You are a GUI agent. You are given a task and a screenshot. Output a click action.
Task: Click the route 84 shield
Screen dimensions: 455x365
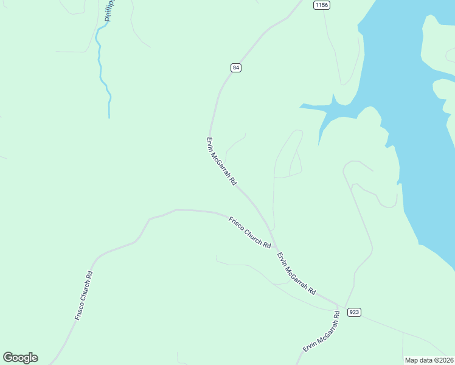click(236, 68)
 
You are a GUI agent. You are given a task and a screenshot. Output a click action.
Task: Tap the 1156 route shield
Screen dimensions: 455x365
click(322, 5)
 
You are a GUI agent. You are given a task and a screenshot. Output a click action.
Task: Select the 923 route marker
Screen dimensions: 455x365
click(355, 312)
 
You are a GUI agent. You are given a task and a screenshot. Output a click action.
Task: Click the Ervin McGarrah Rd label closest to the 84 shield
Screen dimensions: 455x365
click(221, 161)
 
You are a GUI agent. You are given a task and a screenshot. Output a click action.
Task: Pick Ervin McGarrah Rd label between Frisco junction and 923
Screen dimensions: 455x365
click(297, 273)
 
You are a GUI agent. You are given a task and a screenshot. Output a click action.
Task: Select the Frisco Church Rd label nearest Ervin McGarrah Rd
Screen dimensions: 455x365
click(249, 232)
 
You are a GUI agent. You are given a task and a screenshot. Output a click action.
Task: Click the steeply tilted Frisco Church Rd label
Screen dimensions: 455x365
click(83, 296)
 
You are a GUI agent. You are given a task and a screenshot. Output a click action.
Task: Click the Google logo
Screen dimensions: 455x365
click(20, 358)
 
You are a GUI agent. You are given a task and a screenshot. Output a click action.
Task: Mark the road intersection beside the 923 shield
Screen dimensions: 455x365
click(339, 305)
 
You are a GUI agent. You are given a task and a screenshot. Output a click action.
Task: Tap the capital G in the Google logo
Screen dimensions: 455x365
click(9, 358)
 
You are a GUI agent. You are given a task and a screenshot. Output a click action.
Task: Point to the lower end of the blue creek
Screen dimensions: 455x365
click(109, 116)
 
